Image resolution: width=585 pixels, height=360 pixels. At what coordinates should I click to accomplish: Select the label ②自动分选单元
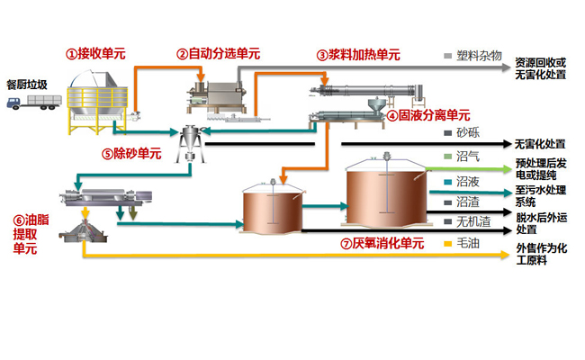click(x=218, y=54)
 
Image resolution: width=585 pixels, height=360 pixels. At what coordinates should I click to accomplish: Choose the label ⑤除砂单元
click(x=131, y=154)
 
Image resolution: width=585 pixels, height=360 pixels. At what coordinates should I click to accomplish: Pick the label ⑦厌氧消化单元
click(x=382, y=243)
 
